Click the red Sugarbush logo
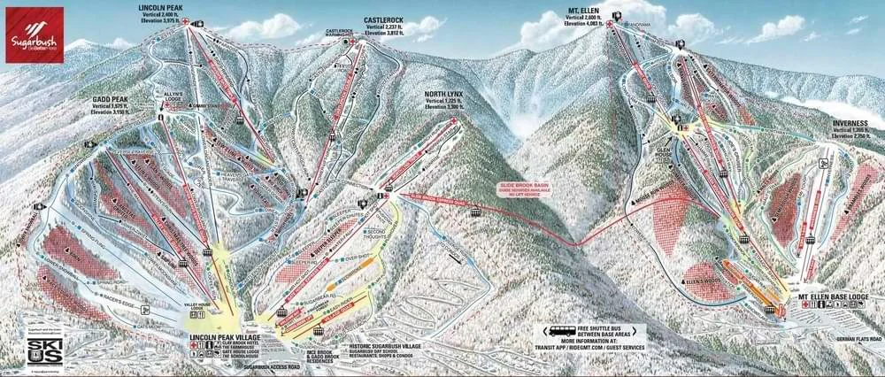(x=32, y=32)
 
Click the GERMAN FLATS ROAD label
(x=853, y=338)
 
